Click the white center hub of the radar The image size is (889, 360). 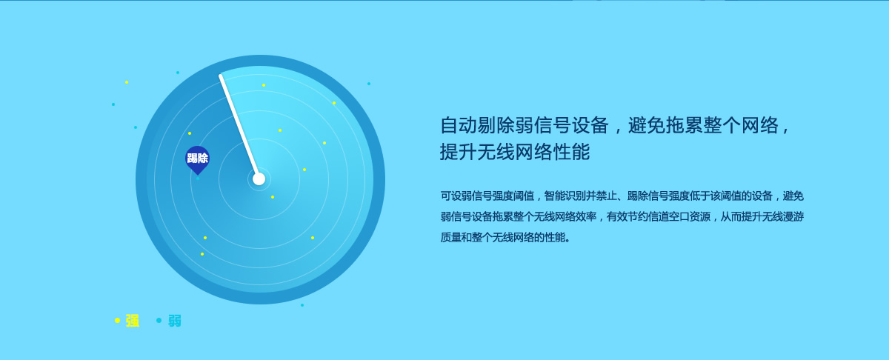coord(259,179)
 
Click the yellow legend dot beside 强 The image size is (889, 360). coord(117,320)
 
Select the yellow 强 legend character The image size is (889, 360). coord(133,321)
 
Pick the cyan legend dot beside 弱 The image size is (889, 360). coord(159,320)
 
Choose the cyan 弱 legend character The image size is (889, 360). coord(175,321)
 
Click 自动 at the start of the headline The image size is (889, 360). coord(459,125)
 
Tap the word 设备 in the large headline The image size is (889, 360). coord(590,125)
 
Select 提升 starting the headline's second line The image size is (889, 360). coord(459,152)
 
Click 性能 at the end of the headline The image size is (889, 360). coord(572,152)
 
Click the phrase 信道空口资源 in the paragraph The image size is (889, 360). coord(679,216)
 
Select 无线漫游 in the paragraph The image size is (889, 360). coord(783,216)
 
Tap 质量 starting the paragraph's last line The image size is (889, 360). coord(451,237)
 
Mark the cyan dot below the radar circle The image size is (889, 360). coord(302,305)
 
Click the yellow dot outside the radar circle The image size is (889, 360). coord(127,82)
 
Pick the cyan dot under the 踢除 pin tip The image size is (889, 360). coord(198,179)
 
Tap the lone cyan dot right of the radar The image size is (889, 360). coord(369,84)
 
